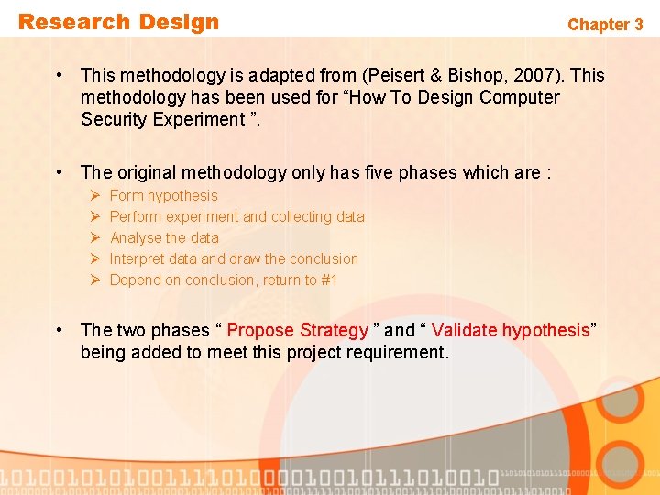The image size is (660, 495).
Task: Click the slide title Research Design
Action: tap(119, 22)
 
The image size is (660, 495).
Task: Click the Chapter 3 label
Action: tap(605, 25)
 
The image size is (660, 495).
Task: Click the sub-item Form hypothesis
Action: tap(163, 195)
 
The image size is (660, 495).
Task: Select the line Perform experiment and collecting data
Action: tap(236, 216)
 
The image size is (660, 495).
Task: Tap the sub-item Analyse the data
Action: tap(164, 237)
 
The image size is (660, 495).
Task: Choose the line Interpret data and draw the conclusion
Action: tap(234, 258)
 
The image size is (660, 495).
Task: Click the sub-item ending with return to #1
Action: tap(224, 280)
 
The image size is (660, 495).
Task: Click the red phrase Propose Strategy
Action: tap(297, 330)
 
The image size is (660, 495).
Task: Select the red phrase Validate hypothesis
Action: tap(511, 330)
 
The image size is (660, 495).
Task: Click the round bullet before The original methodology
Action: tap(59, 172)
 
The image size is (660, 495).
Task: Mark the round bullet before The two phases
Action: tap(59, 330)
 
